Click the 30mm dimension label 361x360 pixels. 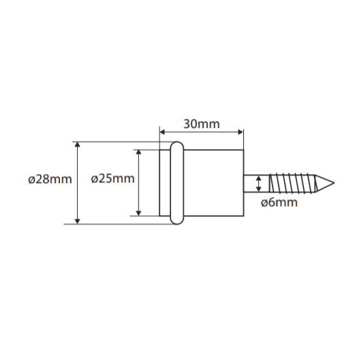pyautogui.click(x=202, y=124)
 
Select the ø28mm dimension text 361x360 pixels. pyautogui.click(x=50, y=179)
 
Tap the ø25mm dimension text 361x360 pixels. pyautogui.click(x=112, y=178)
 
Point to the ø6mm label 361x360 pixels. pyautogui.click(x=279, y=202)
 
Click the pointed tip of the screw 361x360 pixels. pyautogui.click(x=334, y=183)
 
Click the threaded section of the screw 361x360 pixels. pyautogui.click(x=292, y=183)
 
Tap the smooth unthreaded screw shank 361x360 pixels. pyautogui.click(x=256, y=183)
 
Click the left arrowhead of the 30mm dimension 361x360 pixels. pyautogui.click(x=162, y=132)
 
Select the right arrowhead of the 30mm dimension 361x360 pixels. pyautogui.click(x=240, y=132)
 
